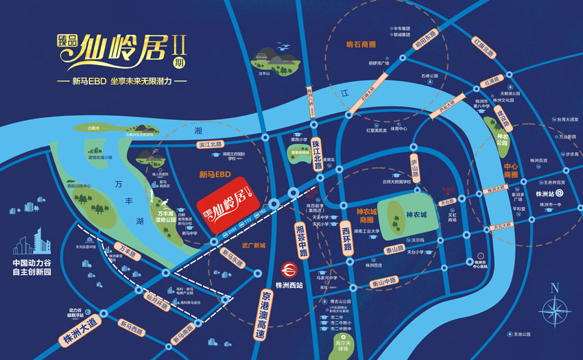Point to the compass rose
556,307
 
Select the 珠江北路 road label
316,154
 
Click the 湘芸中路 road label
300,239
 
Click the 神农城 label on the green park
416,214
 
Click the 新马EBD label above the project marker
215,174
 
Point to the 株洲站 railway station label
549,193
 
